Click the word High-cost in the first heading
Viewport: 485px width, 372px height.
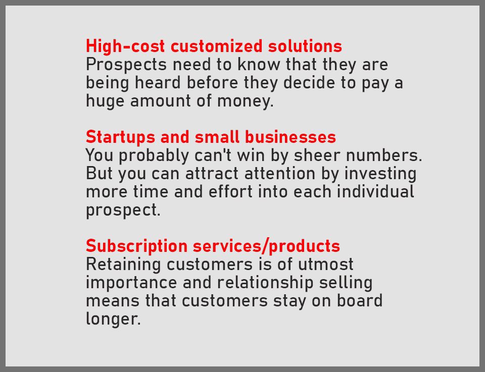pyautogui.click(x=125, y=46)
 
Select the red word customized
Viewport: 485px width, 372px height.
pyautogui.click(x=217, y=46)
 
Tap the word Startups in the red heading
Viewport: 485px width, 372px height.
pyautogui.click(x=120, y=137)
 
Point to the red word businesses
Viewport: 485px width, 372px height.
pyautogui.click(x=290, y=137)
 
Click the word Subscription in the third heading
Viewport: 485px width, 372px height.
pyautogui.click(x=137, y=246)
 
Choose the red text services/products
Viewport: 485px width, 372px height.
pyautogui.click(x=266, y=246)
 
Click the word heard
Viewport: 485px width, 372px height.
pyautogui.click(x=158, y=82)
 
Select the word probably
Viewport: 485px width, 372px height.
pyautogui.click(x=154, y=155)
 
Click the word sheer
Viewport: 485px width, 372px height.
pyautogui.click(x=317, y=155)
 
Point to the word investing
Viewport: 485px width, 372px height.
pyautogui.click(x=380, y=174)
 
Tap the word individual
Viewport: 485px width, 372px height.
pyautogui.click(x=375, y=192)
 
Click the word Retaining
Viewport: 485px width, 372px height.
pyautogui.click(x=123, y=265)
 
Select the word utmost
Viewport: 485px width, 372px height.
pyautogui.click(x=325, y=265)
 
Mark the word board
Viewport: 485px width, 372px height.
pyautogui.click(x=359, y=301)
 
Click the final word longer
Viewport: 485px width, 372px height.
pyautogui.click(x=113, y=319)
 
